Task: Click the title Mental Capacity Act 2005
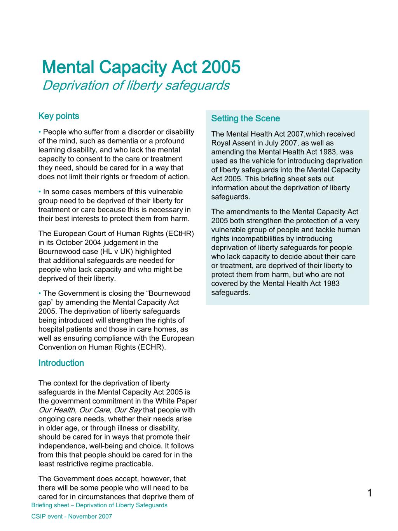click(141, 67)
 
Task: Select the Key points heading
click(59, 116)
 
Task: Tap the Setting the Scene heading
click(245, 118)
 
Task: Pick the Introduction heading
click(61, 363)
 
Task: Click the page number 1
click(370, 494)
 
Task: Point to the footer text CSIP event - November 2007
click(72, 516)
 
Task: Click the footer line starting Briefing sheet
click(99, 505)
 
